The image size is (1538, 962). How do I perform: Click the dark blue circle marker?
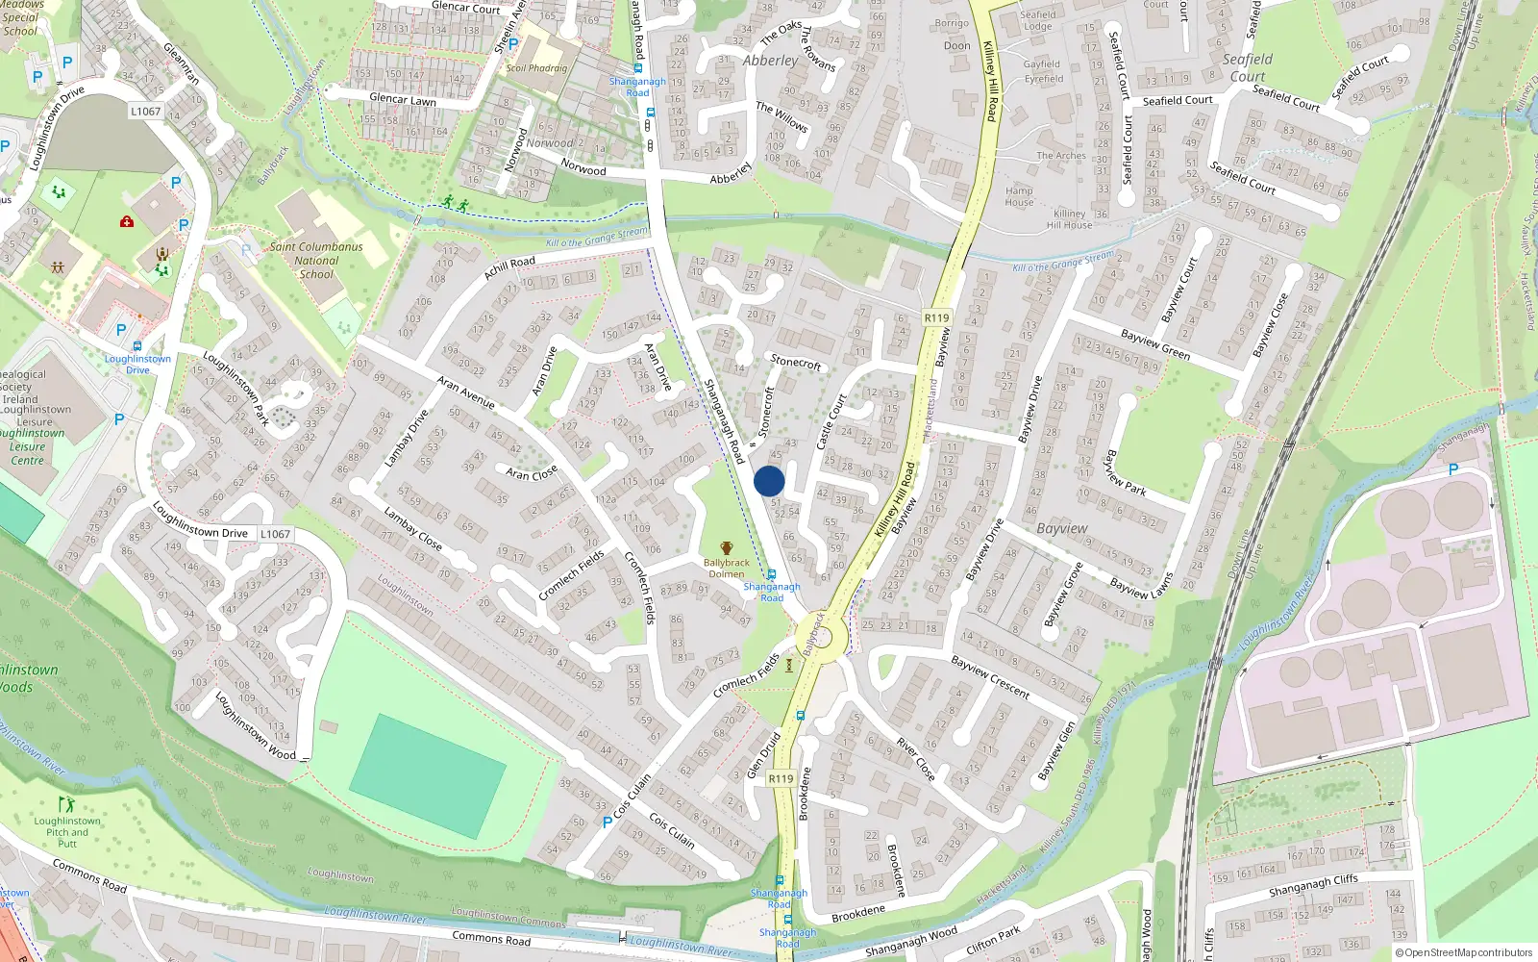click(769, 481)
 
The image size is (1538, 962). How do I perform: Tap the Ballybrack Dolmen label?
click(726, 568)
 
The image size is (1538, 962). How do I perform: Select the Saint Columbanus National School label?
click(316, 260)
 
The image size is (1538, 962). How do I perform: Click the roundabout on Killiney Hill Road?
click(820, 636)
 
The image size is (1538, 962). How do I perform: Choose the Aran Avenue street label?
click(465, 392)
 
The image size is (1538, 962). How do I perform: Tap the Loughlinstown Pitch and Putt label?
click(67, 832)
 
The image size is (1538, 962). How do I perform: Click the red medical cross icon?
click(127, 222)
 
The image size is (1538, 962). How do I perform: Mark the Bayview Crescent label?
click(990, 676)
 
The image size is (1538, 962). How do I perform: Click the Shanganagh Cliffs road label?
click(1313, 885)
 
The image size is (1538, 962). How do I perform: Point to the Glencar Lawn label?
click(403, 99)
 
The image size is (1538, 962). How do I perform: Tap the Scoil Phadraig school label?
click(536, 68)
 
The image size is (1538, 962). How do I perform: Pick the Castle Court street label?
click(831, 421)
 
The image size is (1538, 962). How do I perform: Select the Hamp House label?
click(1019, 196)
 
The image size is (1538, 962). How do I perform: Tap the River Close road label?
click(915, 759)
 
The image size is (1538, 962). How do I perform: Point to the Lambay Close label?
click(412, 529)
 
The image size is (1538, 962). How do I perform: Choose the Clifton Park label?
click(993, 940)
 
